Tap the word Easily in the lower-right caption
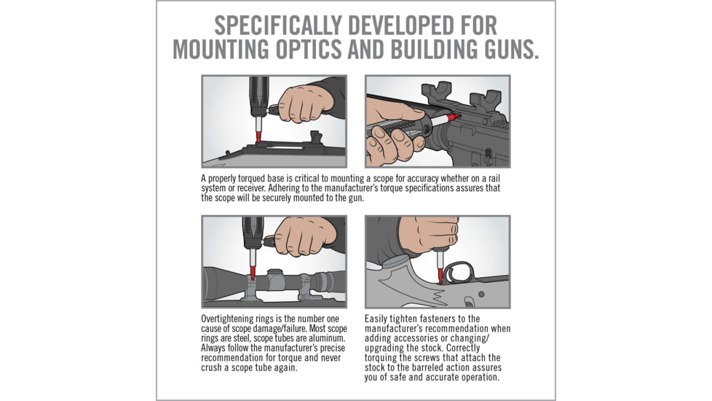pos(379,319)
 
